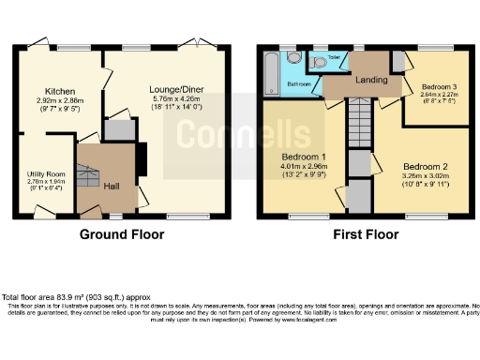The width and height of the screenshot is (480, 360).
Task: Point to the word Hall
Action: point(112,185)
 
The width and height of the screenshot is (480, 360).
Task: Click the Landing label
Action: point(372,81)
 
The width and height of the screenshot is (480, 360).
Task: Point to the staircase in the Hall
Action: point(90,174)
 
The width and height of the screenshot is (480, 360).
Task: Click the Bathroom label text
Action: point(298,83)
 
